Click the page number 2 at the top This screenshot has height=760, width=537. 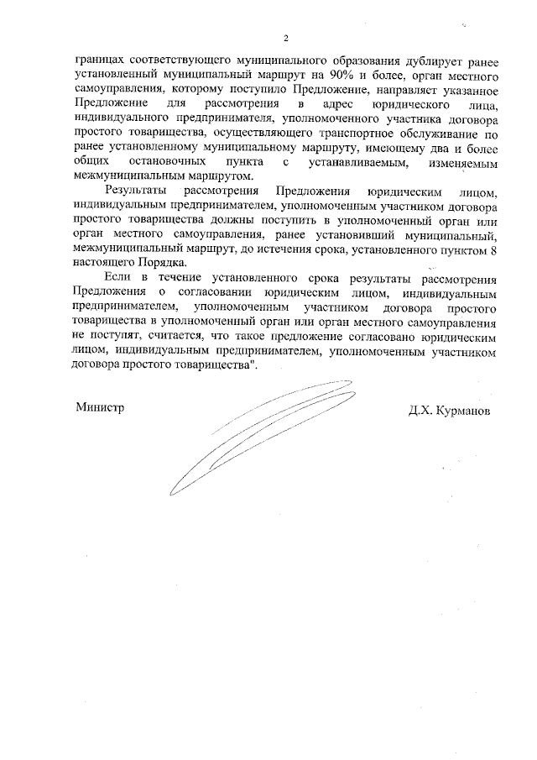pyautogui.click(x=286, y=39)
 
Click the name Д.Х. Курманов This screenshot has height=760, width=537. pyautogui.click(x=448, y=411)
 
